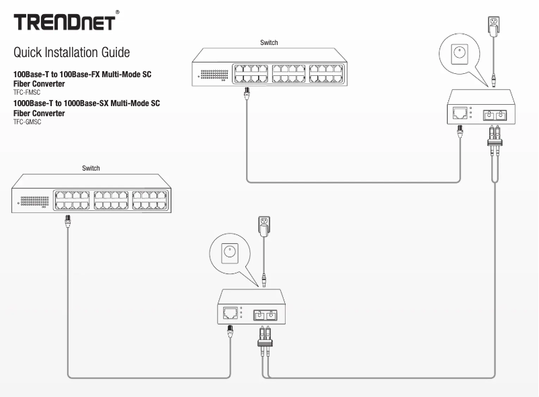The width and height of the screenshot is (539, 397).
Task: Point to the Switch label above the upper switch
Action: [x=269, y=42]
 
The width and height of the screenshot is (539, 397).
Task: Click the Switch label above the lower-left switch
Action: [x=91, y=168]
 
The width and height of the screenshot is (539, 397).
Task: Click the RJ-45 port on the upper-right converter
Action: [x=461, y=112]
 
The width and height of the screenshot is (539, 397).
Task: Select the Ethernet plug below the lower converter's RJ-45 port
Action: [x=230, y=330]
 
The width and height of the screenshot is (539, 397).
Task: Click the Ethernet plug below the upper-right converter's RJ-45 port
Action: [x=461, y=131]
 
